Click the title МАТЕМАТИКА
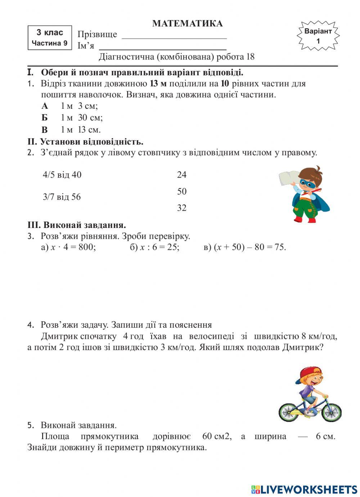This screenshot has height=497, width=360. coord(187,24)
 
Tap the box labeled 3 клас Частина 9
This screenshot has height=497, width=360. coord(50,38)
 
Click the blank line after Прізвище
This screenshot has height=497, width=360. coord(174,36)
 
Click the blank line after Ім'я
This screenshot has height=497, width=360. coord(162,48)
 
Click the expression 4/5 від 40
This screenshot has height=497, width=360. coord(62,175)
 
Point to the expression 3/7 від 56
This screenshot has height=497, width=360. coord(62,197)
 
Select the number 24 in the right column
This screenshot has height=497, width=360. coord(182,175)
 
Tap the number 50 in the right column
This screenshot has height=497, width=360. coord(182,192)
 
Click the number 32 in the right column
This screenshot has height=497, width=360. coord(182,208)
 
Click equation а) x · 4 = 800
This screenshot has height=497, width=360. coord(68,247)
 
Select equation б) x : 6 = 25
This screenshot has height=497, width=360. coord(154,247)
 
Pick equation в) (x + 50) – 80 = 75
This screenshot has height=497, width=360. coord(245,247)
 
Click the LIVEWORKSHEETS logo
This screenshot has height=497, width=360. coord(304,489)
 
